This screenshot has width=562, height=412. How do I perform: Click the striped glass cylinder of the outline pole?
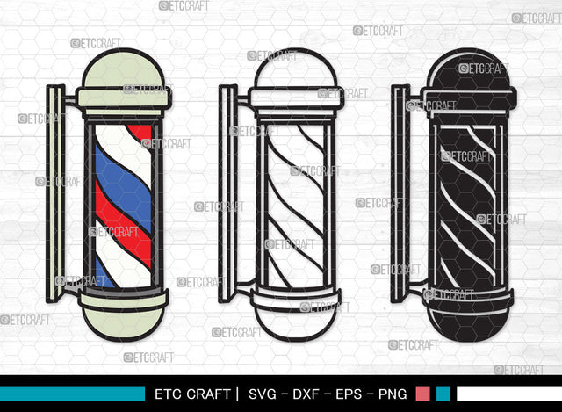point(294,202)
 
